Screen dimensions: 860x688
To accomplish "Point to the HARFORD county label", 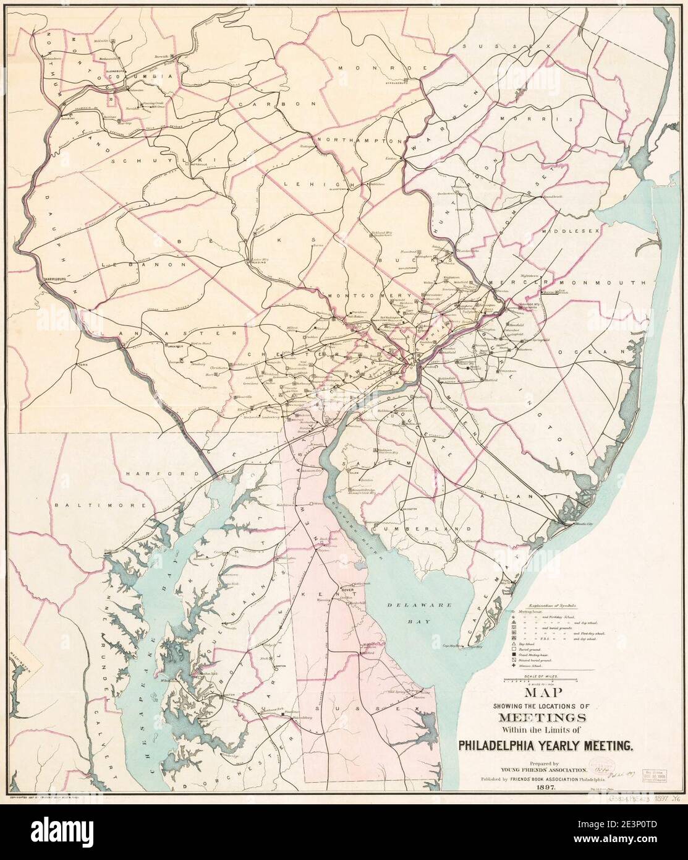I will tap(155, 473).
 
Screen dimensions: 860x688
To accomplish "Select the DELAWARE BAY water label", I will tap(417, 609).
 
